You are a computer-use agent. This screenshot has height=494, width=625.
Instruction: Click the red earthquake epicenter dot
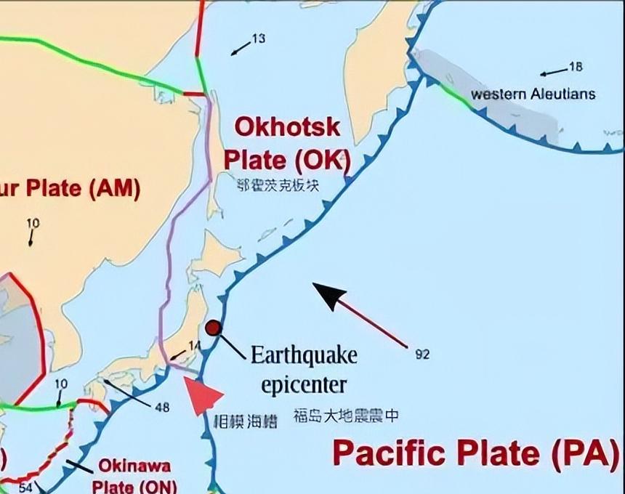pos(213,328)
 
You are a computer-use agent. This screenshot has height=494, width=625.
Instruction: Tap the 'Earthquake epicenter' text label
pos(304,369)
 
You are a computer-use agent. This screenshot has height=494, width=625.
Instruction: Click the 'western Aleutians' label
pos(533,94)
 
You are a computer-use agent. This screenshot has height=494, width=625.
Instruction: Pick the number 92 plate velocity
pos(422,355)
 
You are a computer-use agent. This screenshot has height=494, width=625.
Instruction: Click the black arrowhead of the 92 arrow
pos(329,294)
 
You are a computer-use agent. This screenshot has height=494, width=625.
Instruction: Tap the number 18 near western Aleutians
pos(576,67)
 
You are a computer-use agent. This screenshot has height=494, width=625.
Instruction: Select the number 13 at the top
pos(259,39)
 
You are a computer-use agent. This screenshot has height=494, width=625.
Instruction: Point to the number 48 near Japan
pos(162,408)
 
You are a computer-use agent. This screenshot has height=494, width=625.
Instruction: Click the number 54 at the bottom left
pos(25,487)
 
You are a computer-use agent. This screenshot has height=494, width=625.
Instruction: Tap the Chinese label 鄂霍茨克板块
pos(278,185)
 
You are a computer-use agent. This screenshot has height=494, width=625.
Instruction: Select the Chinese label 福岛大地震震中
pos(346,416)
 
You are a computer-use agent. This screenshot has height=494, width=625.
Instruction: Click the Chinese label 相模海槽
pos(246,421)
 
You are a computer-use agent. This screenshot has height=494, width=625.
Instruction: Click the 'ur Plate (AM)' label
pos(70,188)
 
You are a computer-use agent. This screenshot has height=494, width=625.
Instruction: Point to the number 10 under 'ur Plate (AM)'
pos(33,223)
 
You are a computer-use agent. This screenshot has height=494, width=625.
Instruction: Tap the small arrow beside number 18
pos(553,72)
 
